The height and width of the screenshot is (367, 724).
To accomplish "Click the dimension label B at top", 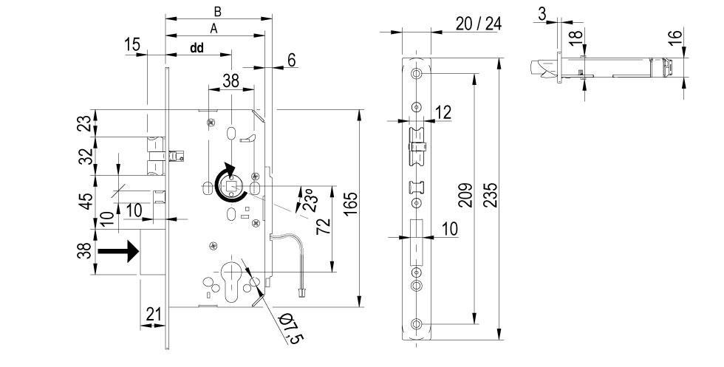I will [x=217, y=11].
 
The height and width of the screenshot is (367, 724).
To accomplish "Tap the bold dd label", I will [x=197, y=48].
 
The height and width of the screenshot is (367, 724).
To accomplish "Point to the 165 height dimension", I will [x=351, y=208].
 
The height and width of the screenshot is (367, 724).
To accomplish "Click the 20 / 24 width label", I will [x=478, y=24].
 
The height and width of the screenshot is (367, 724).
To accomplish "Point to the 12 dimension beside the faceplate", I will [x=443, y=112].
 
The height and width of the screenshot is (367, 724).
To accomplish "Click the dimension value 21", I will [x=154, y=314].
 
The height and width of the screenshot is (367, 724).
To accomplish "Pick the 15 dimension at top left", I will [x=132, y=46].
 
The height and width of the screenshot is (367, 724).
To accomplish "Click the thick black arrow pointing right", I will [x=120, y=252].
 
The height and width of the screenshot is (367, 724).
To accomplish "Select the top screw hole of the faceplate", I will [x=417, y=75].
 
